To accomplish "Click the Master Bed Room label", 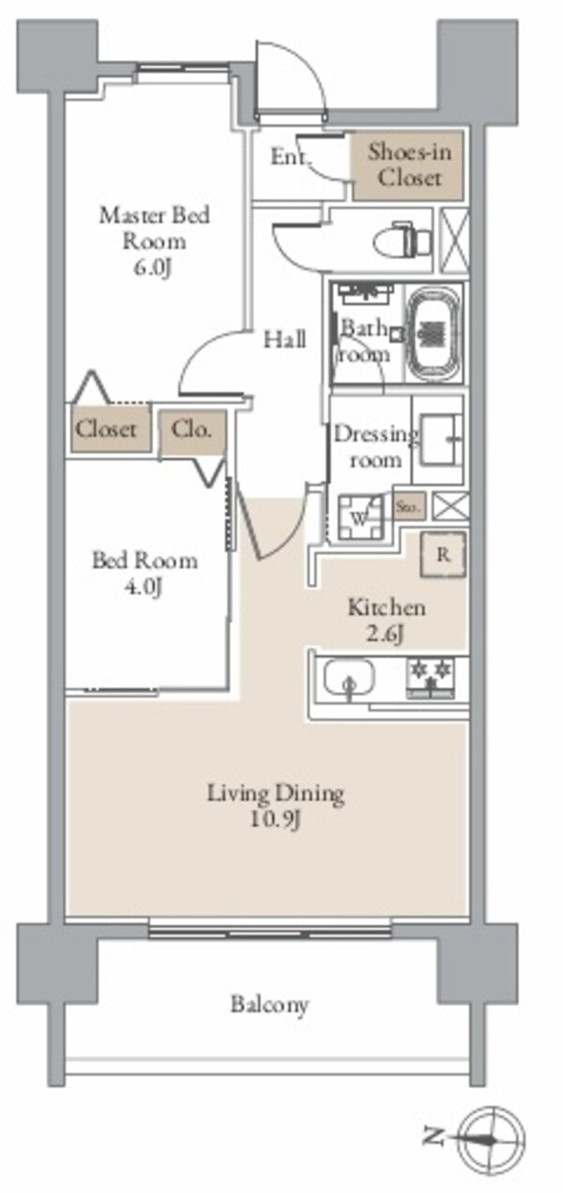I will point(155,227).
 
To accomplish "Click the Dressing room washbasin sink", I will point(438,438).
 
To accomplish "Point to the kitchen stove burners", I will point(430,675).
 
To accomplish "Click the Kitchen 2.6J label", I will point(387,621).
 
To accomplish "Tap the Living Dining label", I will point(276,794).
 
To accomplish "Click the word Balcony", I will point(269,1004).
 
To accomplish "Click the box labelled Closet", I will point(106,430).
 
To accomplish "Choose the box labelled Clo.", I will point(192,432).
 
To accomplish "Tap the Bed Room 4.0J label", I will point(145,574).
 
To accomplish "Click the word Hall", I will point(283,339).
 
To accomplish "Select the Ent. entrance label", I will point(290,157).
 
